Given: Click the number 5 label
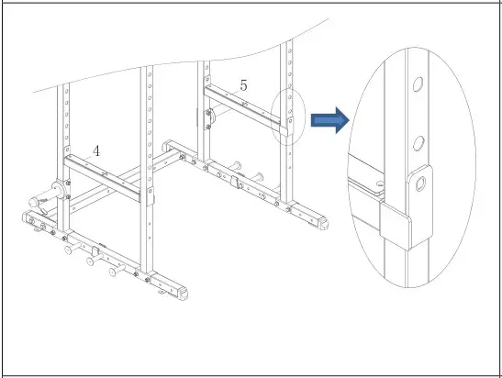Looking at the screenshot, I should [243, 84].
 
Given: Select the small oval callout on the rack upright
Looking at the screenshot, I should [288, 117].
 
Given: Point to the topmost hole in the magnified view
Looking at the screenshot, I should [417, 84].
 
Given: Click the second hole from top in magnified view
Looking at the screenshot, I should [418, 142].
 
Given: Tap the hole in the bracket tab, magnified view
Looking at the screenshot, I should [420, 184].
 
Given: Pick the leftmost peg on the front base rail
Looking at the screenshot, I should [68, 250].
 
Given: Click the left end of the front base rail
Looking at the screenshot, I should [28, 220].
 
